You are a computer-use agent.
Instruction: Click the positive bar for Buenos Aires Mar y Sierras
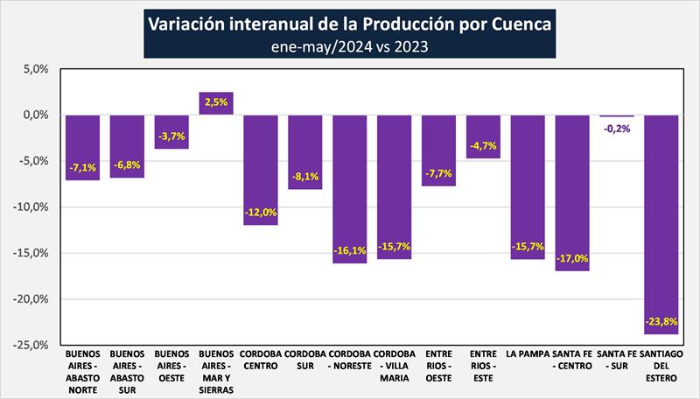click(216, 103)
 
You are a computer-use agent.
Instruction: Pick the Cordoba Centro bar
click(261, 170)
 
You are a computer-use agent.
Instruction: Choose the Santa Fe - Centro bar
click(572, 192)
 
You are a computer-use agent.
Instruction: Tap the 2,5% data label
click(216, 101)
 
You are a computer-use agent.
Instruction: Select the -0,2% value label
click(617, 129)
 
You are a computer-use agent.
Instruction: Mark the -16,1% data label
click(350, 250)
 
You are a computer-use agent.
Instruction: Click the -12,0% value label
click(261, 213)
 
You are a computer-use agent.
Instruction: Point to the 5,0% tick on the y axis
click(35, 69)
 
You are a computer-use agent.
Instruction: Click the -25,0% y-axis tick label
click(31, 345)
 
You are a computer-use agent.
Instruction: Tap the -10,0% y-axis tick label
click(31, 207)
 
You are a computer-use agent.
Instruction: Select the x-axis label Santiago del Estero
click(661, 366)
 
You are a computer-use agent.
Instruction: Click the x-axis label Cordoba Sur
click(305, 360)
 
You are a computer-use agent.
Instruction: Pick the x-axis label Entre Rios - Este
click(483, 366)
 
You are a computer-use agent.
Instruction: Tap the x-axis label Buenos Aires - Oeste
click(171, 366)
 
